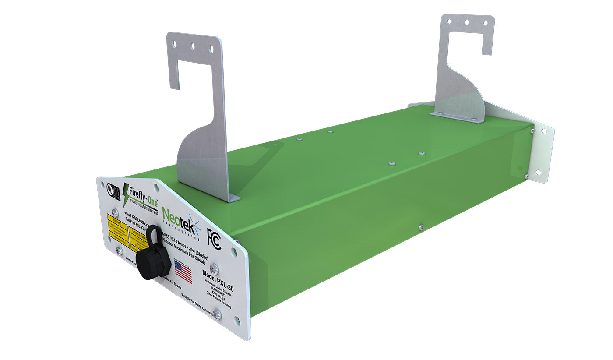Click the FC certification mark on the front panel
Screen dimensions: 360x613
[214, 239]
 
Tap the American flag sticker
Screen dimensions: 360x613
[183, 272]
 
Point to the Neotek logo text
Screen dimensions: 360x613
[177, 217]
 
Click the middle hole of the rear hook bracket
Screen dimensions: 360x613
[467, 21]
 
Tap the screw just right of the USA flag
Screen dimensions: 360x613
[214, 267]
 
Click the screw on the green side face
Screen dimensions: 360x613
[421, 227]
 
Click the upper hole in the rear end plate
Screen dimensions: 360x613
[544, 131]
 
